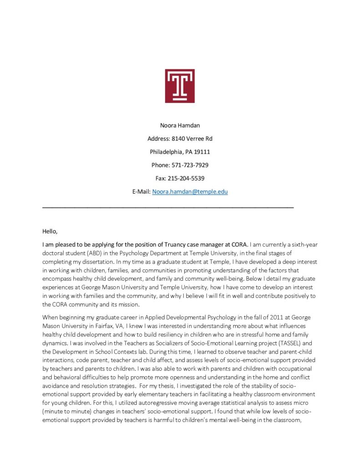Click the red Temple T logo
180,86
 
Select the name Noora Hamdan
180,125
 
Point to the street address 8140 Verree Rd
190,138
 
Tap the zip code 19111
202,152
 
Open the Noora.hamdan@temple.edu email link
190,192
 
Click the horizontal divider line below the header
168,208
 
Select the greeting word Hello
50,231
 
